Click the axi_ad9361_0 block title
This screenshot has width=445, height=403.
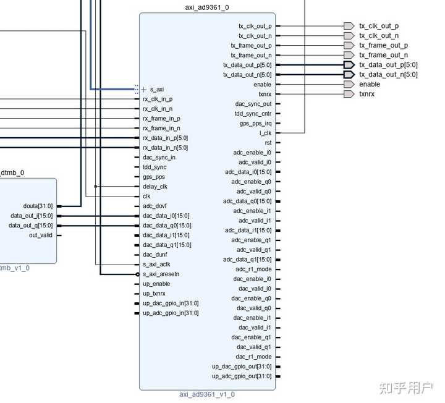207,7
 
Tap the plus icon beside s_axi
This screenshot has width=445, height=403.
144,90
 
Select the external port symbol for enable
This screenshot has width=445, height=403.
349,84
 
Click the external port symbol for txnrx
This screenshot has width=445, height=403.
349,94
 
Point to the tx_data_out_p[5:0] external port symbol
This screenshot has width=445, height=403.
349,65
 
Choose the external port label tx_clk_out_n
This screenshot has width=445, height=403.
379,35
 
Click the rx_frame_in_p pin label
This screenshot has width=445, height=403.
161,119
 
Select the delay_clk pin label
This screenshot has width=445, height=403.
155,187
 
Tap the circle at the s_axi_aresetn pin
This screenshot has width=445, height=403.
138,274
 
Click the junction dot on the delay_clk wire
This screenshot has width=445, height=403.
96,187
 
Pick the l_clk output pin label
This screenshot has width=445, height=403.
265,133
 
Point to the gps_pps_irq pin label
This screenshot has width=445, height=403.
255,124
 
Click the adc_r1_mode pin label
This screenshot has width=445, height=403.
253,269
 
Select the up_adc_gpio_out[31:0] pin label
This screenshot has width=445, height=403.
242,376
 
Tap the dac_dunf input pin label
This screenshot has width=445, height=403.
155,255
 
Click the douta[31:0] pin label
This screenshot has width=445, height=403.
38,206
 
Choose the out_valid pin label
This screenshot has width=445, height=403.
41,235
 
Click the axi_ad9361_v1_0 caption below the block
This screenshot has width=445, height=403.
207,394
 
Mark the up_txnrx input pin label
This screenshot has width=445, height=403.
154,294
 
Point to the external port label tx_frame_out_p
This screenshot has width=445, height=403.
384,45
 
